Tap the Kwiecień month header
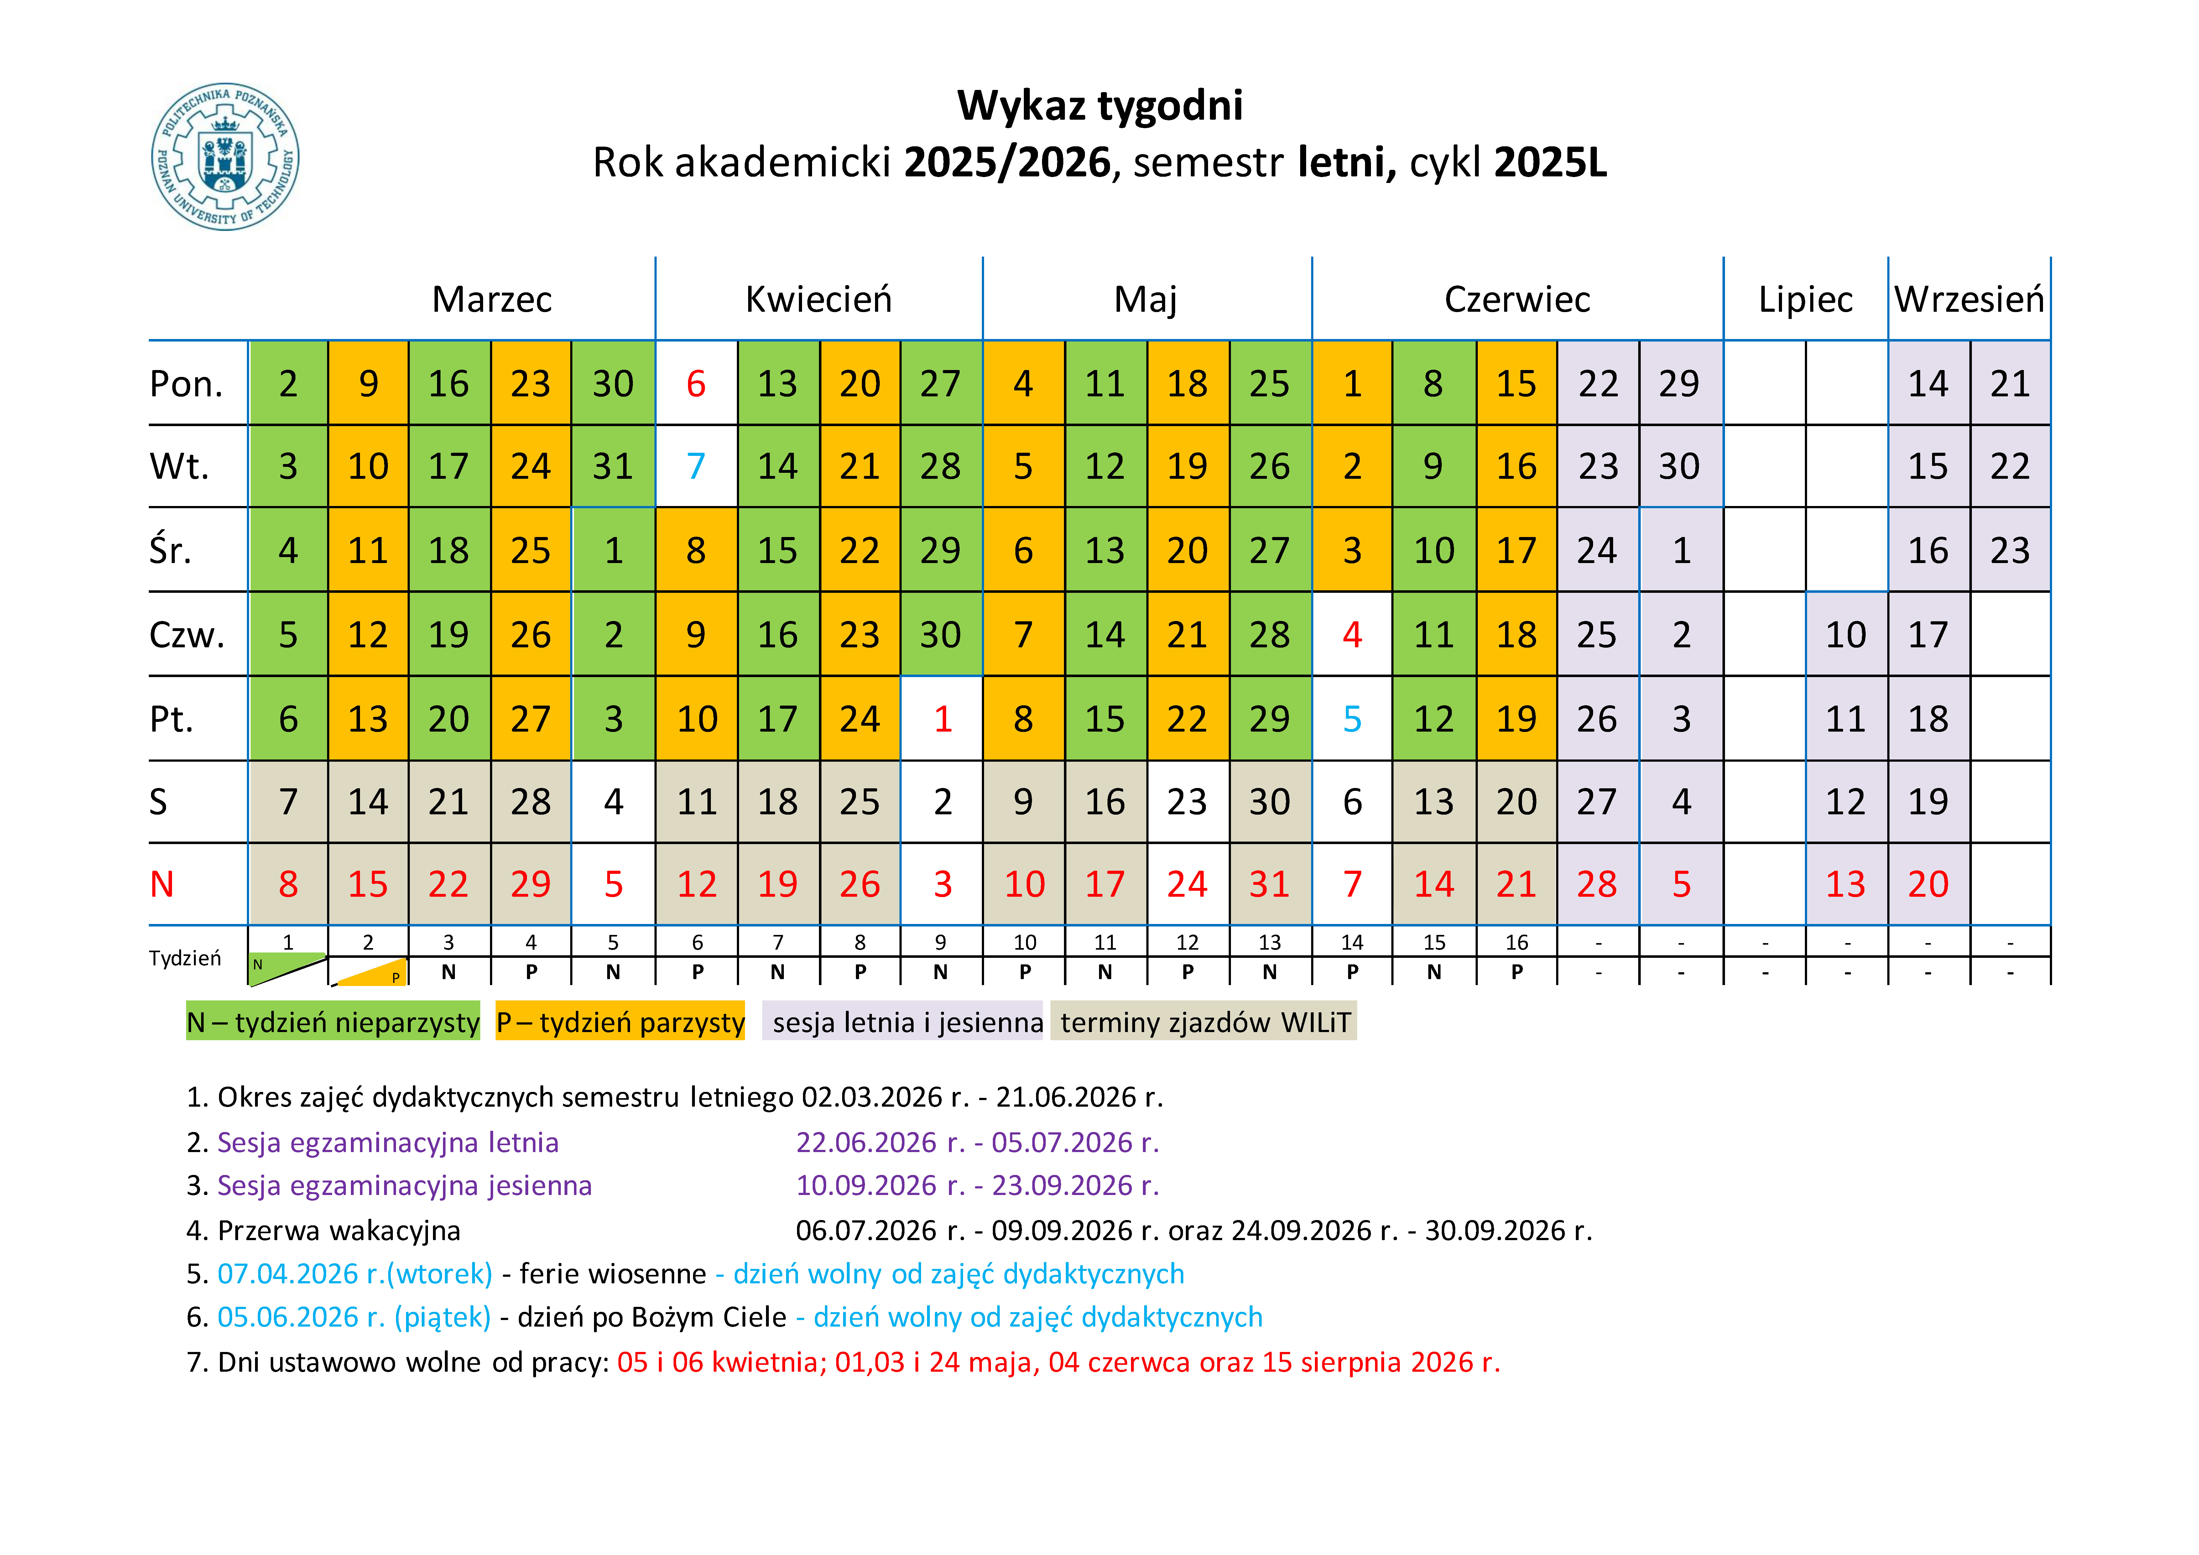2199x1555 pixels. [x=818, y=300]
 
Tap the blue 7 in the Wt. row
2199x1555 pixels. [x=696, y=467]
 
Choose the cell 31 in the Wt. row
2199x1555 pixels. [x=613, y=467]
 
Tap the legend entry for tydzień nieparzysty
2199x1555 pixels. [x=332, y=1022]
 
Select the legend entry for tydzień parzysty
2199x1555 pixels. [x=620, y=1022]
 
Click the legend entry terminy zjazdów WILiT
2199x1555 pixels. [x=1204, y=1022]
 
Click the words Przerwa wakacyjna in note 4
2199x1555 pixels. [x=339, y=1230]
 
